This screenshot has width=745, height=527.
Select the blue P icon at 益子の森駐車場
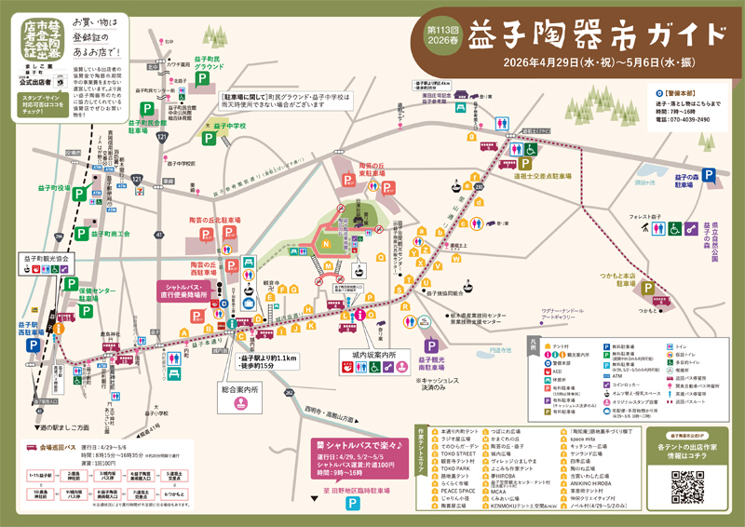(x=710, y=174)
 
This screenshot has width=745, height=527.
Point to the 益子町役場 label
(x=50, y=187)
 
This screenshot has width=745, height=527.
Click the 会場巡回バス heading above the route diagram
(x=61, y=446)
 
